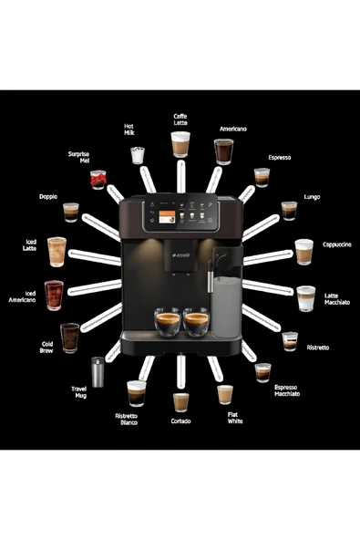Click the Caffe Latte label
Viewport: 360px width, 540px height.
tap(180, 120)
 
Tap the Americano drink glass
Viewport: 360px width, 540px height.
tap(224, 151)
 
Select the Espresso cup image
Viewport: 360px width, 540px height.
tap(262, 177)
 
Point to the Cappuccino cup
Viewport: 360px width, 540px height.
tap(303, 250)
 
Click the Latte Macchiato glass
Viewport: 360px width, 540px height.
tap(305, 298)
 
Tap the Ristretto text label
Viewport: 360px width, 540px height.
tap(318, 348)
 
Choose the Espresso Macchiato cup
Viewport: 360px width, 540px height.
tap(262, 371)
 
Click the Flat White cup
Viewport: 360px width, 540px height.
tap(225, 394)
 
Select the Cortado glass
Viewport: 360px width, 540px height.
tap(180, 401)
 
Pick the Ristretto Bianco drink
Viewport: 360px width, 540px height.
tap(136, 392)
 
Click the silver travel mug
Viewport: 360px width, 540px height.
tap(98, 370)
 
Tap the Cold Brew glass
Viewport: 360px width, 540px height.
tap(70, 337)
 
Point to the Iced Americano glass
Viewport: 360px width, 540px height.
tap(55, 295)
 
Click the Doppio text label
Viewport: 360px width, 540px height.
tap(48, 196)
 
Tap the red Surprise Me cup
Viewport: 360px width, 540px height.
tap(98, 179)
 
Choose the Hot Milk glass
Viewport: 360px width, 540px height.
tap(138, 155)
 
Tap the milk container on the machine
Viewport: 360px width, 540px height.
tap(226, 306)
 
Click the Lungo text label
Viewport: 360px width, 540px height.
tap(312, 196)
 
